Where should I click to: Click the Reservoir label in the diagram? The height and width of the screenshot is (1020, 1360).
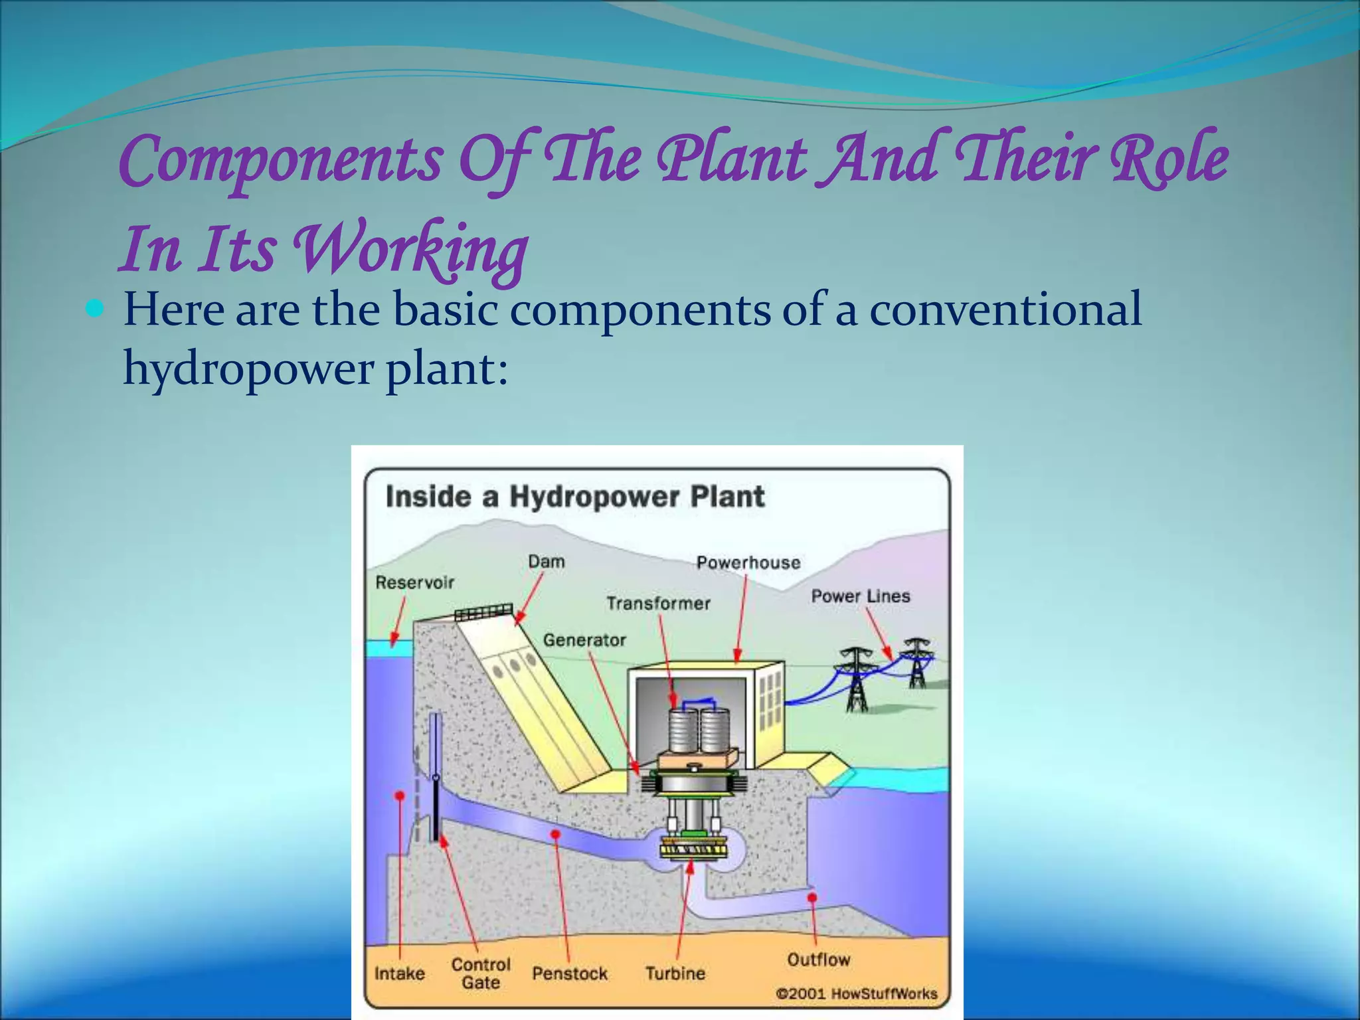click(415, 582)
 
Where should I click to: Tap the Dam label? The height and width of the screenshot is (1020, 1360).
click(546, 562)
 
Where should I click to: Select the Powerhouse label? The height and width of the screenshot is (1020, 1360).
click(748, 562)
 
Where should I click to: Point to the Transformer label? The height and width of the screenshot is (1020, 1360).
click(658, 603)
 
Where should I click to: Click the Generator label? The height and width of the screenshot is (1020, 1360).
click(584, 640)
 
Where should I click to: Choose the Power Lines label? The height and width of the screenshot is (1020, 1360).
click(860, 596)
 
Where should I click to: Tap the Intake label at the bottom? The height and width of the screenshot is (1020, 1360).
click(399, 974)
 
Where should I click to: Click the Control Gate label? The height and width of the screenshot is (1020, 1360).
click(481, 974)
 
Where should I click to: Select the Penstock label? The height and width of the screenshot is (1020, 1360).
click(570, 974)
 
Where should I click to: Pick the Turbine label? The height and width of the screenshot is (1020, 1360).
click(675, 974)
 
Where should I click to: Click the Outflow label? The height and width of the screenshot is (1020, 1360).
click(818, 960)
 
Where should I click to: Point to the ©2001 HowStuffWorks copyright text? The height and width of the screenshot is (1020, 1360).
click(856, 993)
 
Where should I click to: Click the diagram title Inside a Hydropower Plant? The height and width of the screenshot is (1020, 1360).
click(575, 497)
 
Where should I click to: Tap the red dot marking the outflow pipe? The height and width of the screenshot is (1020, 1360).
click(811, 898)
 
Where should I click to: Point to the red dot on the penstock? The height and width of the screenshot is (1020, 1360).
click(556, 834)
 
